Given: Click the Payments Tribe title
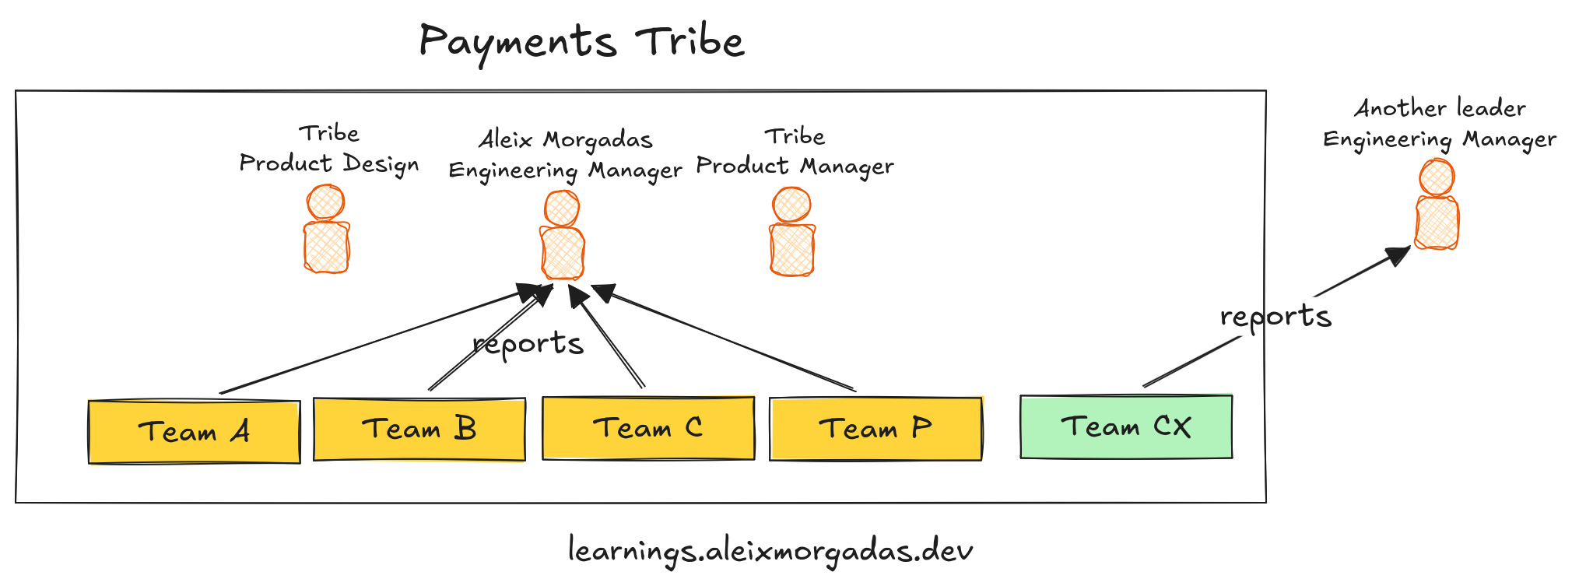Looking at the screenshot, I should (581, 42).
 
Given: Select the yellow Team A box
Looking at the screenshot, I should (195, 432).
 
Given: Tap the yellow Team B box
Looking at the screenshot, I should (419, 430).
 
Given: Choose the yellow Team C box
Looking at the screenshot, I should (648, 429).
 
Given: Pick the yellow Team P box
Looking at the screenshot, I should (875, 429).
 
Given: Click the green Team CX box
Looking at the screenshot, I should (1126, 426).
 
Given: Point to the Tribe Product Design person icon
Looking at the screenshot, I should (326, 230).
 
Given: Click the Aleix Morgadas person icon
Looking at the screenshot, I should (562, 235).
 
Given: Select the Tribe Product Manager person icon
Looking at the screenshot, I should (791, 232).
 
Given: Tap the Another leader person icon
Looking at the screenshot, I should (1437, 205).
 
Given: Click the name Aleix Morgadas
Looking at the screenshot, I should (566, 140).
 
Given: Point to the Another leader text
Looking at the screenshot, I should (1440, 108).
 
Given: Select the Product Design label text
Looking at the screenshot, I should (328, 164).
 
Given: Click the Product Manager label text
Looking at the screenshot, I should (795, 167).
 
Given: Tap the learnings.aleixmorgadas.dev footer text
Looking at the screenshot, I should (770, 551).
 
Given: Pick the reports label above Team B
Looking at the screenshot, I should (528, 344).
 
